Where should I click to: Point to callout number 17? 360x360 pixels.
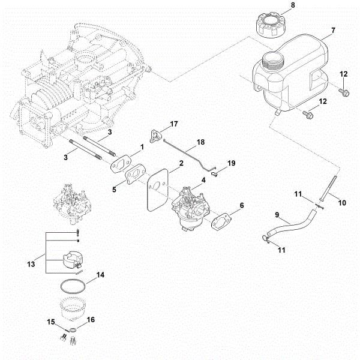pyautogui.click(x=174, y=124)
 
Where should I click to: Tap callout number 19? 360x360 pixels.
pyautogui.click(x=232, y=163)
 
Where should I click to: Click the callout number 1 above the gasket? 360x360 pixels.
pyautogui.click(x=142, y=146)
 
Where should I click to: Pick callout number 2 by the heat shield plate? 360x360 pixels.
pyautogui.click(x=181, y=164)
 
